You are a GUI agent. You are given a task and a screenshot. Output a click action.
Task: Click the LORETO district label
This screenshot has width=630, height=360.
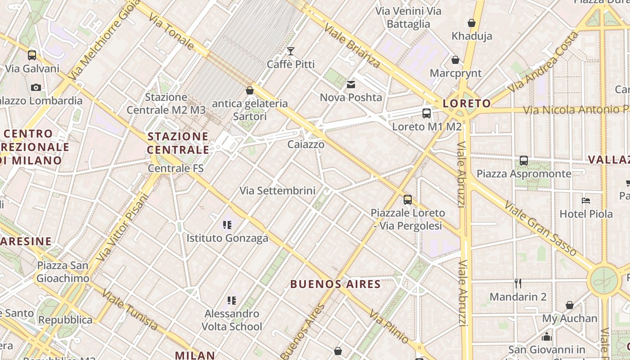[x=467, y=104]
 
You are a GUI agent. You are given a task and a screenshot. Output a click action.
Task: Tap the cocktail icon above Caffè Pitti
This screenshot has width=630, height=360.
[x=291, y=51]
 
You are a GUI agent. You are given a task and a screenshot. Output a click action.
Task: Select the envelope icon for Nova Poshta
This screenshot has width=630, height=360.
[x=351, y=84]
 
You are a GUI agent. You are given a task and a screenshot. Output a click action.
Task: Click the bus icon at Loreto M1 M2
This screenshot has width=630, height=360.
[x=427, y=113]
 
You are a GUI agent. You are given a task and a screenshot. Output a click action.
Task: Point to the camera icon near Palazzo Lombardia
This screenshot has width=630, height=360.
[x=36, y=87]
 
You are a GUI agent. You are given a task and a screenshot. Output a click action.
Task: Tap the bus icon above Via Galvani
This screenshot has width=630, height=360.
[x=31, y=55]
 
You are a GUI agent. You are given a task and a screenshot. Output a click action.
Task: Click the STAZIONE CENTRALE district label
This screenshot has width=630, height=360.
[x=178, y=143]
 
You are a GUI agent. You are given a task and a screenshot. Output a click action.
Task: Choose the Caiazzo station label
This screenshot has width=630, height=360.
[x=306, y=144]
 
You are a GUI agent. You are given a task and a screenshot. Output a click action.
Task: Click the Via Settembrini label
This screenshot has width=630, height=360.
[x=277, y=191]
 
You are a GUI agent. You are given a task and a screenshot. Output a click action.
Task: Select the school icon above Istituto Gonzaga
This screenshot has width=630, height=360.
[x=227, y=225]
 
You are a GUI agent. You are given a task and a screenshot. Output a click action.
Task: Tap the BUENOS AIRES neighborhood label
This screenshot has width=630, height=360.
[x=336, y=284]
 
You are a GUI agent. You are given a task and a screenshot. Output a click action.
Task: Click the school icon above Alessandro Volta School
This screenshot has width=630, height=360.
[x=232, y=300]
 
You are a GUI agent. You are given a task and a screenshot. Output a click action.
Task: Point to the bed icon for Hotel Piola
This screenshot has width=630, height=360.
[x=585, y=201]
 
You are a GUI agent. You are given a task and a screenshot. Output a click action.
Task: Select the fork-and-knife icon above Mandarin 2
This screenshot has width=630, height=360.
[x=518, y=283]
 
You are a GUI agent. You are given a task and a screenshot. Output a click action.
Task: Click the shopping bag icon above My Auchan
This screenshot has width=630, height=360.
[x=569, y=305]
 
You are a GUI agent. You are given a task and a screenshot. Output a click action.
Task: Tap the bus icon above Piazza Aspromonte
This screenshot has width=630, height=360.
[x=524, y=160]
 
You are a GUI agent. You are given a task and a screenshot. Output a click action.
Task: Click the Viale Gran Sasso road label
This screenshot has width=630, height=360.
[x=540, y=229]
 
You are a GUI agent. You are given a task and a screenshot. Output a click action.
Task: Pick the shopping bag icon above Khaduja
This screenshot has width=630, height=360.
[x=472, y=22]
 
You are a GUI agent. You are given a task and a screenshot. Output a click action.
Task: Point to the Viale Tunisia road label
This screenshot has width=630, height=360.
[x=130, y=310]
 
